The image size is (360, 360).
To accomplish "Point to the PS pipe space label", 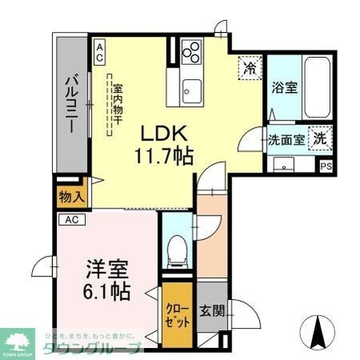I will tap(326, 167).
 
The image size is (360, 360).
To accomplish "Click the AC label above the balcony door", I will tap(100, 51).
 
